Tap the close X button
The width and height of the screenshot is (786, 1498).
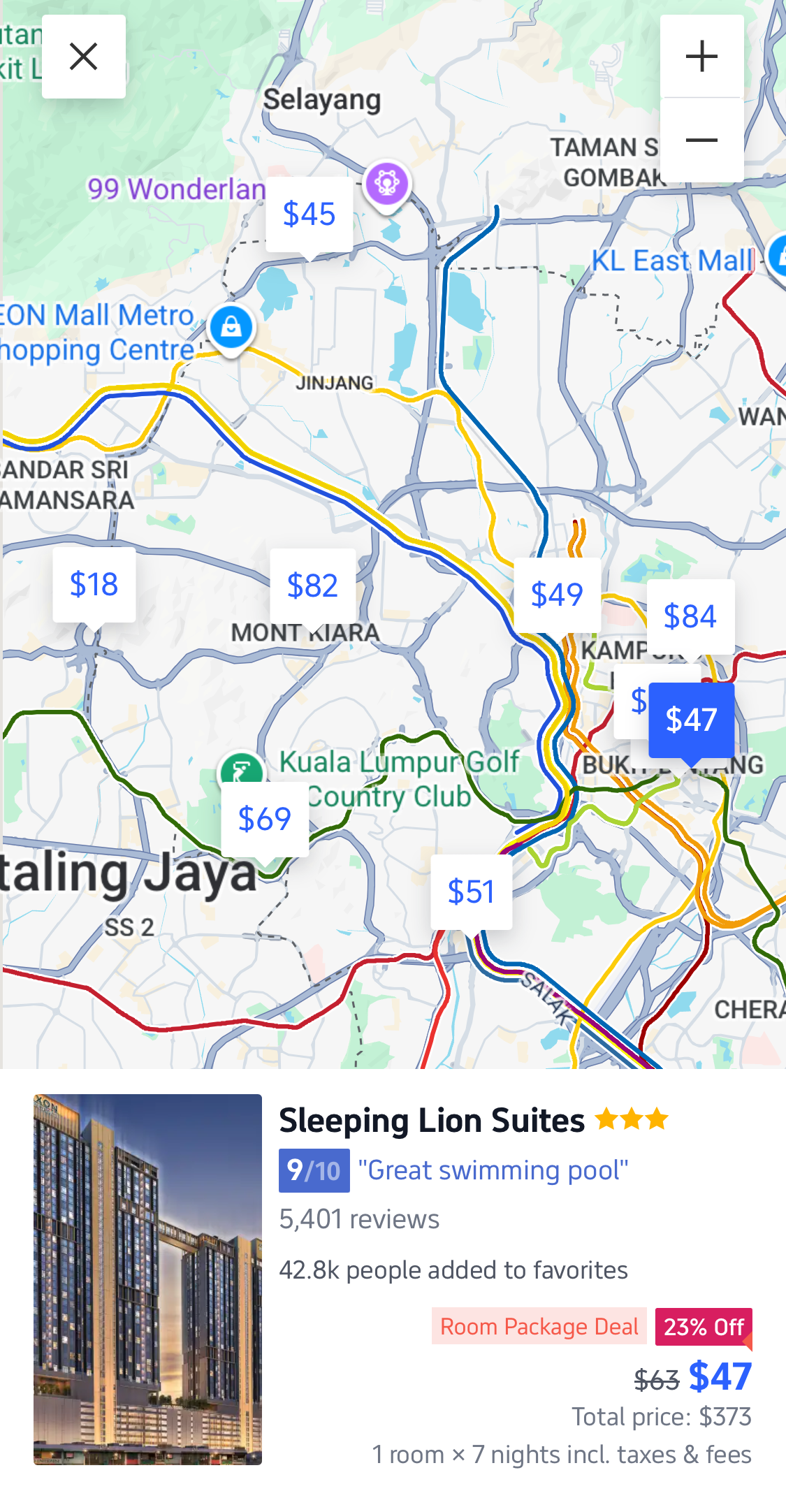[84, 57]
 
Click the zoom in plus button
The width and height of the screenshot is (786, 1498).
[701, 57]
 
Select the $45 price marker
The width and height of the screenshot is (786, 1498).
[309, 214]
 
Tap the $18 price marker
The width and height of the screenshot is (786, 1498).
[94, 584]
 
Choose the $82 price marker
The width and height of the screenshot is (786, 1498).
[312, 586]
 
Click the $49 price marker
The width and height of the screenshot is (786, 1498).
[557, 595]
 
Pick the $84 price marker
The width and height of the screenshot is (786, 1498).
[690, 616]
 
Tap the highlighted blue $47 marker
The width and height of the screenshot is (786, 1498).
[691, 720]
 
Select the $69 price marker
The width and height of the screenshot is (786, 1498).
[264, 819]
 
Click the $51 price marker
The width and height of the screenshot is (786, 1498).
[471, 892]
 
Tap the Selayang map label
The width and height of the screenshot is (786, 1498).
[322, 100]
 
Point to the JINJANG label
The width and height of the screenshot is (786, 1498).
[334, 383]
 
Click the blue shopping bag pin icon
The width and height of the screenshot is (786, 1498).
[231, 326]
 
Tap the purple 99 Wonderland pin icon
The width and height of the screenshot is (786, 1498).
[387, 183]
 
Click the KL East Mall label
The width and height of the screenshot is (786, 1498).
[673, 261]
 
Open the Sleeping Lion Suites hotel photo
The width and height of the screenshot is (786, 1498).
[147, 1279]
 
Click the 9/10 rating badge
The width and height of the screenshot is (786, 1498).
[314, 1170]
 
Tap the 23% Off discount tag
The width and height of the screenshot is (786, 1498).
[703, 1326]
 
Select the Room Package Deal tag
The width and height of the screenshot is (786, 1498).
[539, 1326]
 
